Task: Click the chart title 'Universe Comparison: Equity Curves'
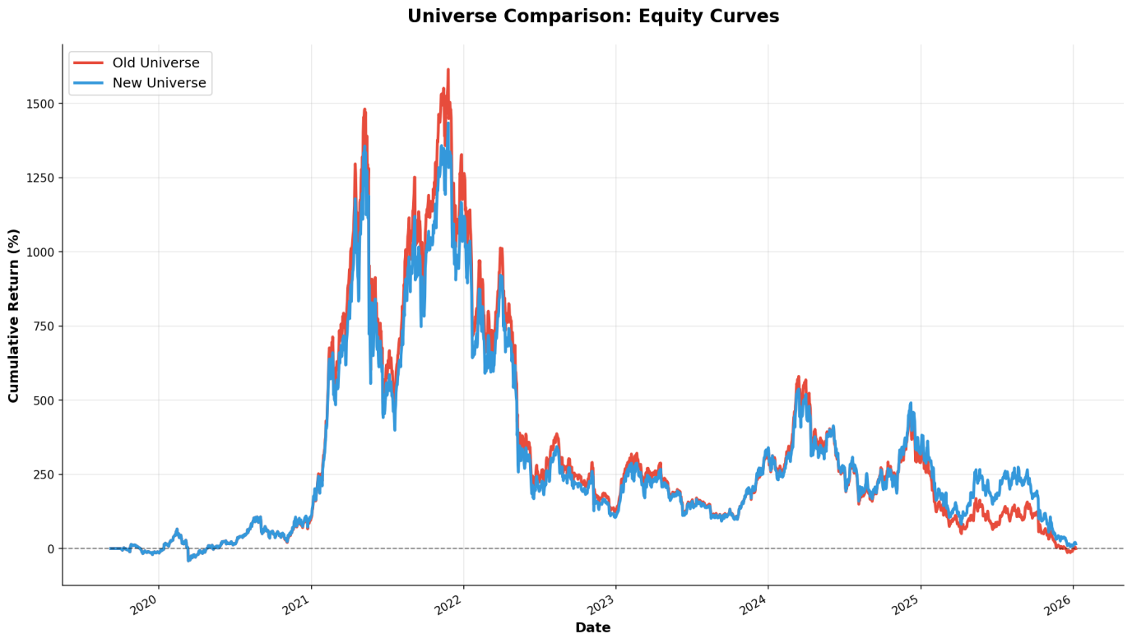pos(592,16)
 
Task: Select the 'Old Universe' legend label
pos(155,63)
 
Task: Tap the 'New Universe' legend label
pos(159,83)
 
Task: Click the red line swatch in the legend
pos(88,63)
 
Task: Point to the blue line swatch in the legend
pos(88,83)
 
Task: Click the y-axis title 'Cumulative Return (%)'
pos(14,316)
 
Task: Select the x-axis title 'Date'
pos(592,628)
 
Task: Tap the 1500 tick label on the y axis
pos(39,104)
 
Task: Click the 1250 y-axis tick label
pos(39,178)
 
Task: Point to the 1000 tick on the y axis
pos(39,252)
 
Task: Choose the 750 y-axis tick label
pos(43,326)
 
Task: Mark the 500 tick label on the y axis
pos(43,400)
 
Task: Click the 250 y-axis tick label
pos(43,474)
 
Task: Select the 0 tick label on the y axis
pos(50,548)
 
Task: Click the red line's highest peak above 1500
pos(448,70)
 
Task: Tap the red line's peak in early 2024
pos(799,377)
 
